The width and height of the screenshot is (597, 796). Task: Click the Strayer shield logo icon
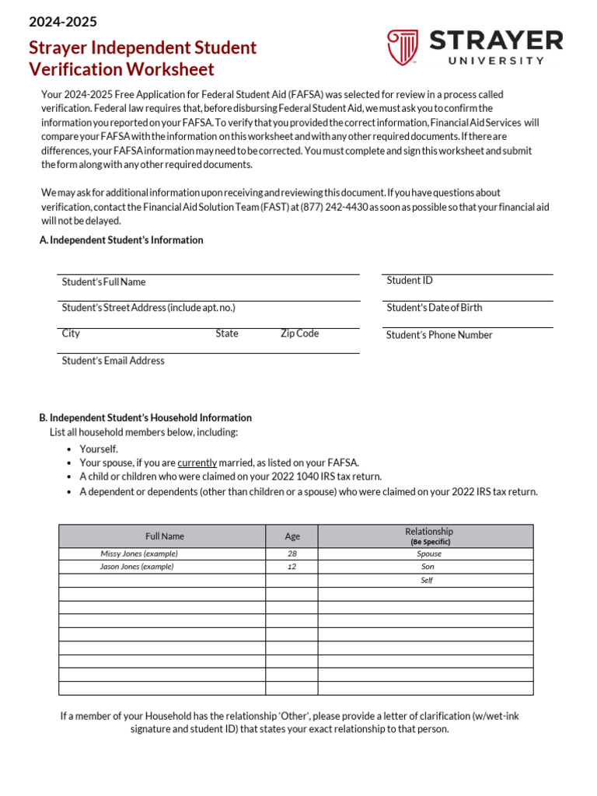click(x=403, y=47)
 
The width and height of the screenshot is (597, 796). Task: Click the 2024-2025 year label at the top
click(x=63, y=22)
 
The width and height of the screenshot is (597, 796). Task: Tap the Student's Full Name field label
click(x=103, y=282)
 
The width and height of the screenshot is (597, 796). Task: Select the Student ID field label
click(x=409, y=281)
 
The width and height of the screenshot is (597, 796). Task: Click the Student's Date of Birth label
click(x=434, y=308)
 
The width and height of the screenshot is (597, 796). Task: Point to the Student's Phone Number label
click(x=439, y=335)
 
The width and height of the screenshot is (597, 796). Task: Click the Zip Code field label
click(x=299, y=333)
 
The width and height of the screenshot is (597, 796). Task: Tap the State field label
click(x=227, y=333)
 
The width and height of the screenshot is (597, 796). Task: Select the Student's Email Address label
click(x=113, y=361)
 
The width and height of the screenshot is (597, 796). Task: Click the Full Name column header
click(x=164, y=536)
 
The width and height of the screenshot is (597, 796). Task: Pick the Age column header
click(x=292, y=536)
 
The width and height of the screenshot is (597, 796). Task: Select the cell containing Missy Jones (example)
click(x=139, y=554)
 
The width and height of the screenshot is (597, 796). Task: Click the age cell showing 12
click(x=292, y=567)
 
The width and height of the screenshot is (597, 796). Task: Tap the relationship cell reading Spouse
click(x=429, y=554)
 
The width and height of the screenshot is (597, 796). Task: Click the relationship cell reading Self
click(x=427, y=581)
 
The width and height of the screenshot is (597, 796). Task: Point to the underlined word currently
click(x=197, y=463)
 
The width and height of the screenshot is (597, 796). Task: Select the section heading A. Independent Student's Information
click(x=121, y=240)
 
